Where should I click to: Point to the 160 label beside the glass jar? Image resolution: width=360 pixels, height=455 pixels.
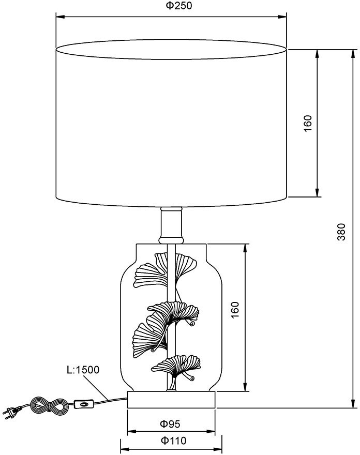coord(235,310)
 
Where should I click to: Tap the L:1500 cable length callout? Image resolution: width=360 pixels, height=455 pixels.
coord(83,370)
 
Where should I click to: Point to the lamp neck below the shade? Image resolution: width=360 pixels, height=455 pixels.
coord(171,224)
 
